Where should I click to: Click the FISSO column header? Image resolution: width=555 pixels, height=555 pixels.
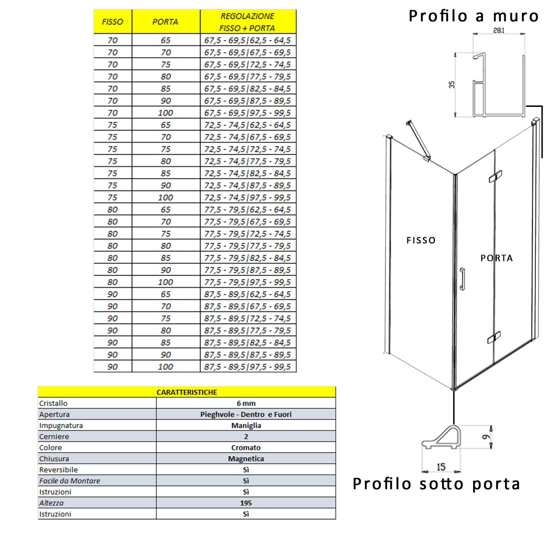click(112, 22)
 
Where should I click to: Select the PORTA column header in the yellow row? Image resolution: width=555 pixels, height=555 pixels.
click(165, 22)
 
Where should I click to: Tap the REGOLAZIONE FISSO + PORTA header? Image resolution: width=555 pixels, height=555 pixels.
click(247, 22)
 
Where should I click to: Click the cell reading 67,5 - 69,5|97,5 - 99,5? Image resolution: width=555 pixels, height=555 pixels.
click(247, 113)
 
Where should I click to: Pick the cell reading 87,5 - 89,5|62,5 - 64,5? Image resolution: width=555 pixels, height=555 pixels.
click(247, 294)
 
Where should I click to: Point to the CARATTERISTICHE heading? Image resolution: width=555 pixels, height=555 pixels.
click(187, 392)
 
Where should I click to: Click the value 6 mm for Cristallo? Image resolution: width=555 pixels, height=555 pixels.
click(246, 403)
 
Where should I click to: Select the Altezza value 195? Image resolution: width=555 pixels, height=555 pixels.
click(246, 503)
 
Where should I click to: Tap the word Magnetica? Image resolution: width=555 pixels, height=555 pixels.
click(246, 459)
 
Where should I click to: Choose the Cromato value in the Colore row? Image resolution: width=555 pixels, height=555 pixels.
click(246, 448)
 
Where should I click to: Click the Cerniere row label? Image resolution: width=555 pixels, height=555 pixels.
click(54, 437)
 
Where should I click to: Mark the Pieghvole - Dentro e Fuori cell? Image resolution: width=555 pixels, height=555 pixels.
click(246, 414)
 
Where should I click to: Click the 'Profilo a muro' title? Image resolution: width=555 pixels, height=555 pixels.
click(474, 16)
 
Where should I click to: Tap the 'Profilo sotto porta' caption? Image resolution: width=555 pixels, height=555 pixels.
click(437, 484)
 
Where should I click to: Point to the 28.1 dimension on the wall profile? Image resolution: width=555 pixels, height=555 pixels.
click(499, 31)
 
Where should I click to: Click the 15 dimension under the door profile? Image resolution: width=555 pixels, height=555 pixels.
click(441, 467)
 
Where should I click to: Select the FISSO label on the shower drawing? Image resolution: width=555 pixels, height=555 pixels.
click(421, 240)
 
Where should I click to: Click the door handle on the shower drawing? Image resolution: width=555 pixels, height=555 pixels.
click(462, 278)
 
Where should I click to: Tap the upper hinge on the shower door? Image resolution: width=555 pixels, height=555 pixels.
click(494, 176)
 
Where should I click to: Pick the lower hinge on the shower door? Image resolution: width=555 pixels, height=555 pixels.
click(494, 338)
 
